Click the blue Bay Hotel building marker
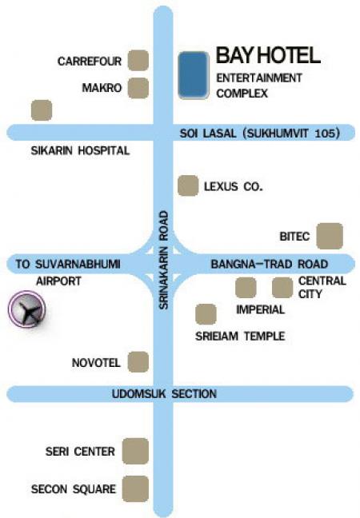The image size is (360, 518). [x=194, y=74]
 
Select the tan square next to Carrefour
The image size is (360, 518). [x=138, y=61]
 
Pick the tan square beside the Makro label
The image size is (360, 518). [x=138, y=88]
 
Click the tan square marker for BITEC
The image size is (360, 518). [x=330, y=236]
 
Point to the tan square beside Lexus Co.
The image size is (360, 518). [x=188, y=185]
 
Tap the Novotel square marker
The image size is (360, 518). [x=138, y=362]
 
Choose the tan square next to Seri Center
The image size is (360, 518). [x=135, y=451]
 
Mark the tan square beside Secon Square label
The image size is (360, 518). [x=135, y=488]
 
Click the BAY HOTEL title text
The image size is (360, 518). [x=268, y=55]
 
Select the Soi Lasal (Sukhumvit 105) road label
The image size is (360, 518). [x=259, y=133]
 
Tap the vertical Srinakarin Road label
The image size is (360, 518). [x=164, y=260]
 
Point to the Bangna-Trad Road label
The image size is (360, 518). [x=269, y=264]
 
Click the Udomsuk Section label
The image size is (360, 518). [x=164, y=393]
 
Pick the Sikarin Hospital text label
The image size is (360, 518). [x=80, y=150]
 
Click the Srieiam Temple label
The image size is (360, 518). [x=240, y=336]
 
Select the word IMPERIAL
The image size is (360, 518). [x=260, y=309]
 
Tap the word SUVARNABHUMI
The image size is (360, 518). [x=78, y=264]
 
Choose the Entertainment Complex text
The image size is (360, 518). [x=259, y=86]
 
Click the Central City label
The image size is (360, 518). [x=322, y=287]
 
